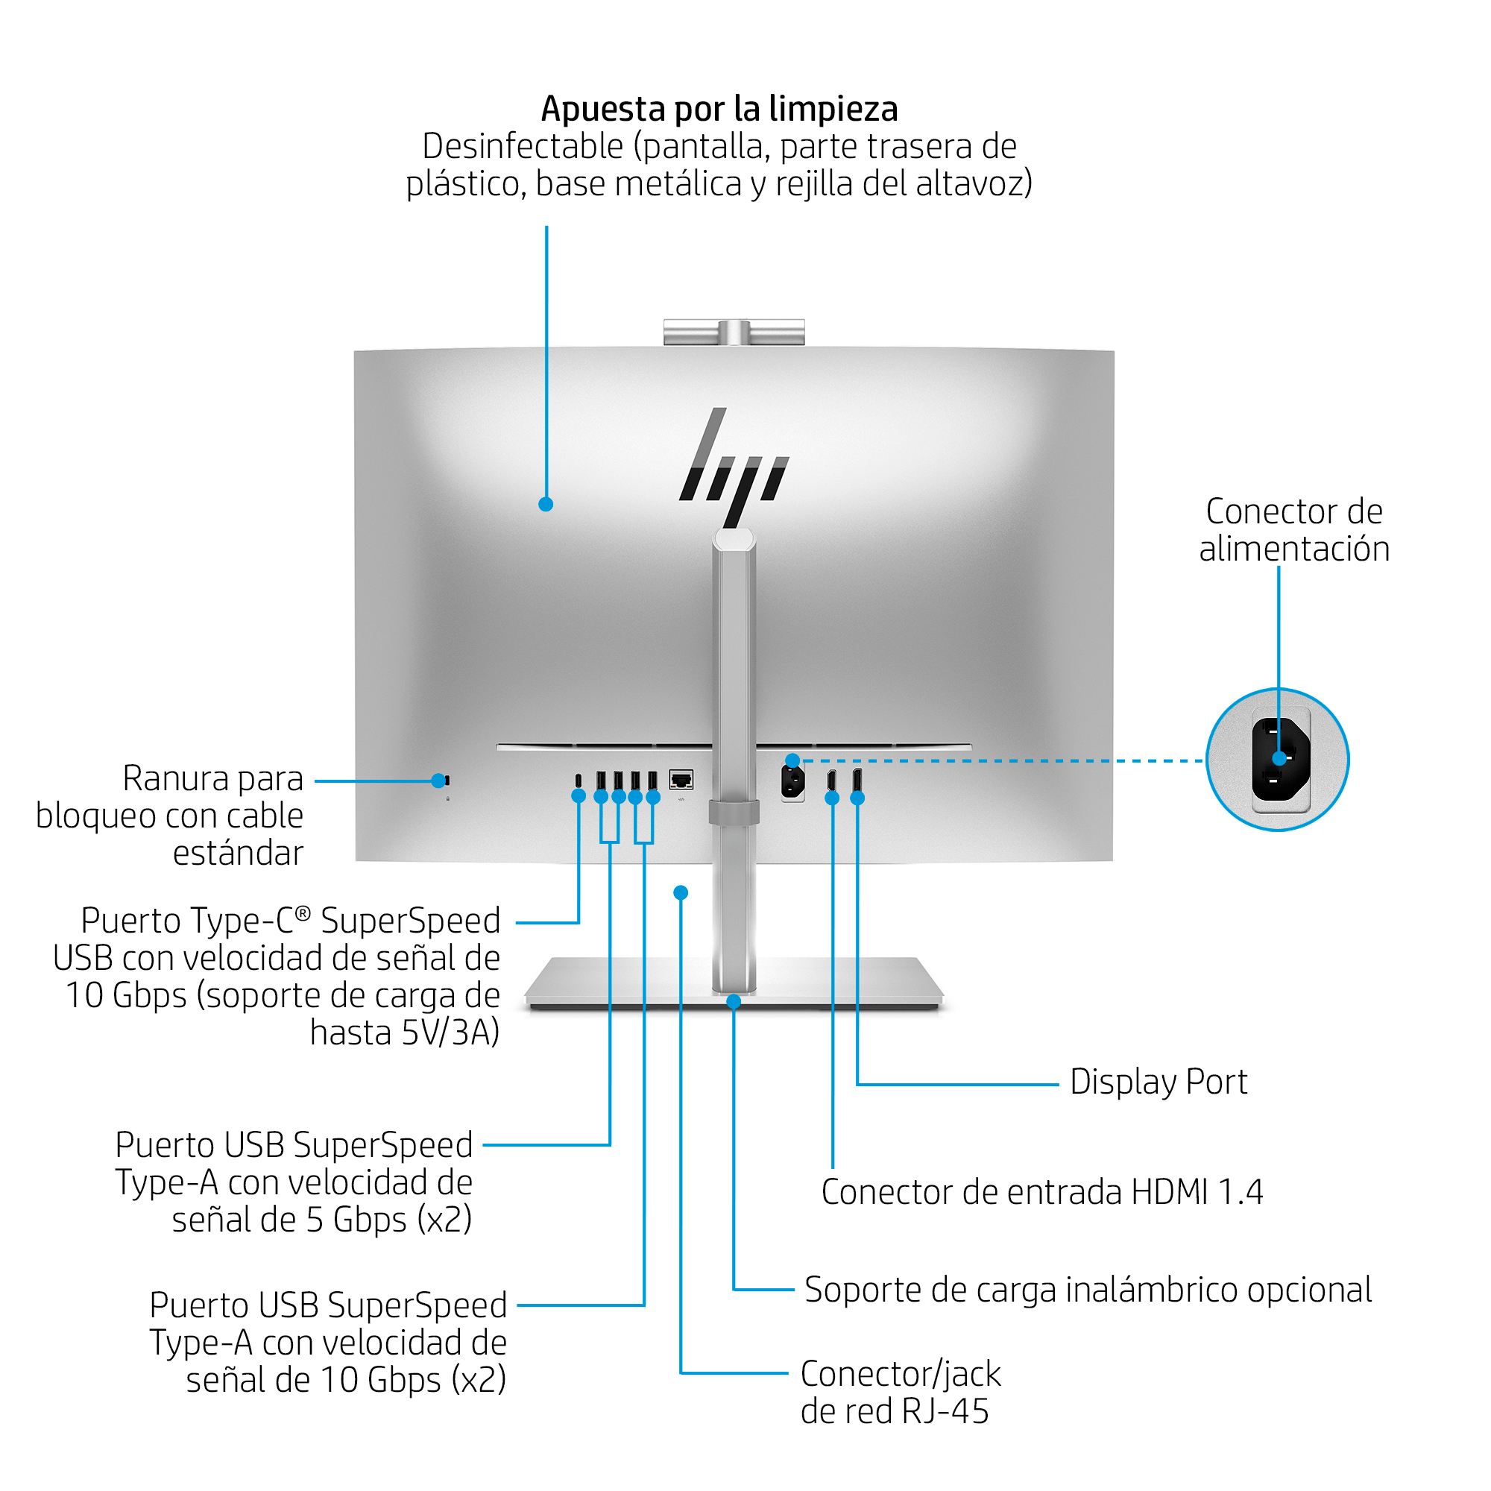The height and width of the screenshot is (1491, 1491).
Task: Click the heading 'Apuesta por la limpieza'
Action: click(x=719, y=109)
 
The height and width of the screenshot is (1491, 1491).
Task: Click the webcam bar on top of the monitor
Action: click(x=734, y=332)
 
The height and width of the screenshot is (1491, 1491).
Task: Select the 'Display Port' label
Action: click(x=1158, y=1082)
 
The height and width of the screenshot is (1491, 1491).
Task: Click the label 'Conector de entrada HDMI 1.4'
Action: click(x=1042, y=1192)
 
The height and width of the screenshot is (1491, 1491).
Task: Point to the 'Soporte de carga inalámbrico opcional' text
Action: click(x=1088, y=1290)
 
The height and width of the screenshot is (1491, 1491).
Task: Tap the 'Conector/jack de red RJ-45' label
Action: click(x=900, y=1393)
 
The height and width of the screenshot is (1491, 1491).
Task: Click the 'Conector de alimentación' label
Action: click(x=1293, y=530)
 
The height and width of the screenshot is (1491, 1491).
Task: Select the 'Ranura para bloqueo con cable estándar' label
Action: click(x=170, y=816)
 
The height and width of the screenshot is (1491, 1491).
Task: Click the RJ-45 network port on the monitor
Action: click(x=681, y=780)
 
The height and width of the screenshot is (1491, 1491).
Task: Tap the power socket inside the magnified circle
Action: click(x=1279, y=760)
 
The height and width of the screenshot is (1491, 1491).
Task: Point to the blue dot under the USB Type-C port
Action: click(x=578, y=796)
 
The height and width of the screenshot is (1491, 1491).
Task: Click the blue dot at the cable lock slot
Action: click(x=438, y=781)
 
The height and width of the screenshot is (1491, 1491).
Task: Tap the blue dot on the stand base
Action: click(x=734, y=1002)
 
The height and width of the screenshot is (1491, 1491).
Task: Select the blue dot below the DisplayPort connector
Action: click(x=857, y=798)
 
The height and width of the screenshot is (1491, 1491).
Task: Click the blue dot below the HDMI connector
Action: click(x=832, y=798)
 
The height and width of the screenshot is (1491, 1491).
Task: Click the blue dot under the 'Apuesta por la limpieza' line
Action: click(x=546, y=505)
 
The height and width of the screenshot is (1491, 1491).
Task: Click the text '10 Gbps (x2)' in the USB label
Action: click(x=413, y=1380)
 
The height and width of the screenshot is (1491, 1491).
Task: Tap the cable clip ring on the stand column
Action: click(x=734, y=813)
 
